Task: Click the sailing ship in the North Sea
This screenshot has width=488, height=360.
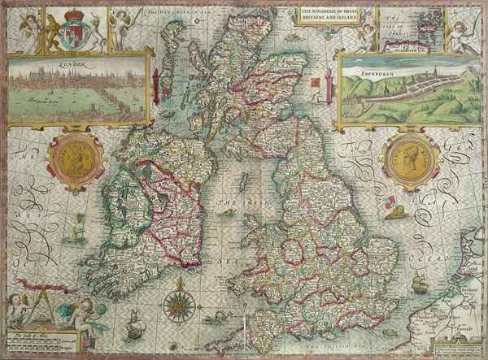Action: pos(420,284)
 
